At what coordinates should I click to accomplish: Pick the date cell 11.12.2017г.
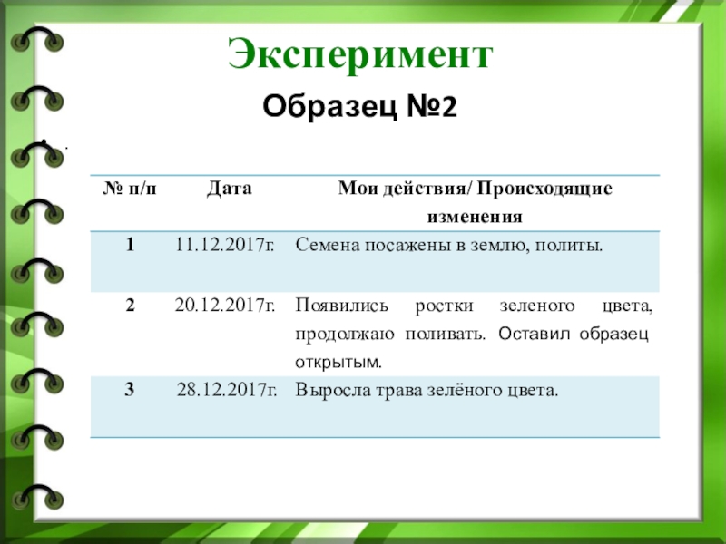click(225, 245)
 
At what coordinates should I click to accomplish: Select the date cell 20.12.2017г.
click(225, 306)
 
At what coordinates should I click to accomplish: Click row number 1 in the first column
click(131, 245)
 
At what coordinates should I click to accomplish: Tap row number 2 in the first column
click(131, 306)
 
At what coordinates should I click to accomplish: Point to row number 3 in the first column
click(131, 391)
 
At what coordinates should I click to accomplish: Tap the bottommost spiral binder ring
click(40, 497)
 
